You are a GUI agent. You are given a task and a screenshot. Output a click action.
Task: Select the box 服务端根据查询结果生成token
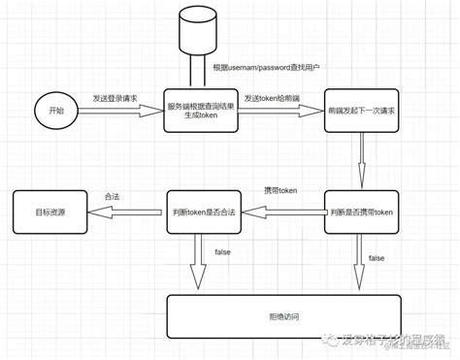coord(199,111)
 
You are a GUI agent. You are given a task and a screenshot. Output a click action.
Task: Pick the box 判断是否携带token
coord(360,212)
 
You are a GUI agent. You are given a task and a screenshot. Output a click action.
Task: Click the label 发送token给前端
coord(273,99)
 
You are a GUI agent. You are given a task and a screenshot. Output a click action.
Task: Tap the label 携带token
coord(281,189)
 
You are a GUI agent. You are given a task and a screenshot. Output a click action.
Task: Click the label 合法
coord(112,196)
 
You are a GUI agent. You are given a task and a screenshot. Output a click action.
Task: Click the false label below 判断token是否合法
coord(222,251)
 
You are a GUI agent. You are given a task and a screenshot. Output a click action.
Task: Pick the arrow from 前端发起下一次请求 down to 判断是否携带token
coord(360,159)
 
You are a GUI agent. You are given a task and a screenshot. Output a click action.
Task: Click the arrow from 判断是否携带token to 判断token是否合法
coord(281,212)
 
